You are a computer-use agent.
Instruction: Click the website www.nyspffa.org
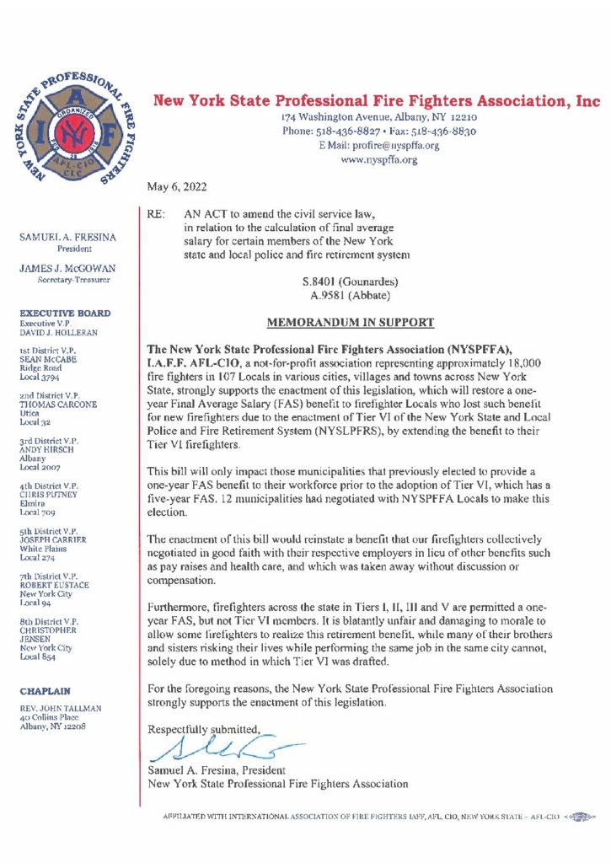click(378, 160)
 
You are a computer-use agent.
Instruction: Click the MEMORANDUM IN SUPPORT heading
click(351, 322)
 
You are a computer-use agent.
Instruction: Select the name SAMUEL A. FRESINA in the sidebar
click(68, 239)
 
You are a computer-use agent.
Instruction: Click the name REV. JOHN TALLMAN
click(62, 709)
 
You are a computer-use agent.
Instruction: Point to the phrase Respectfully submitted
click(205, 728)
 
